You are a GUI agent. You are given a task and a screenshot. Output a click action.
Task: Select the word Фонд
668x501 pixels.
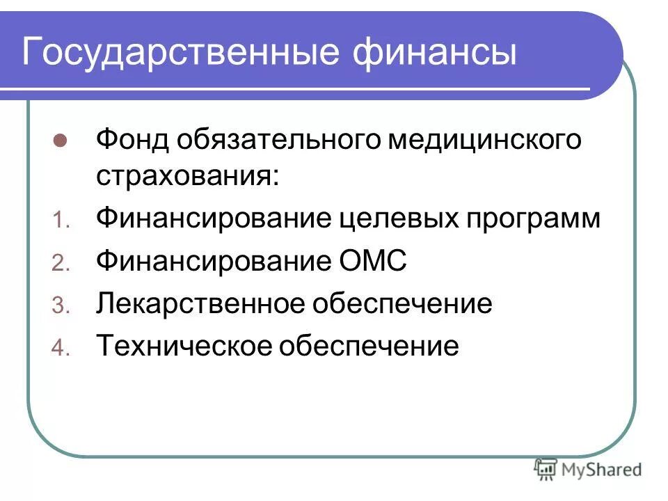132,139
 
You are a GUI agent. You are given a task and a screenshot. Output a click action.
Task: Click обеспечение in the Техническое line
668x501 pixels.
369,346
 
